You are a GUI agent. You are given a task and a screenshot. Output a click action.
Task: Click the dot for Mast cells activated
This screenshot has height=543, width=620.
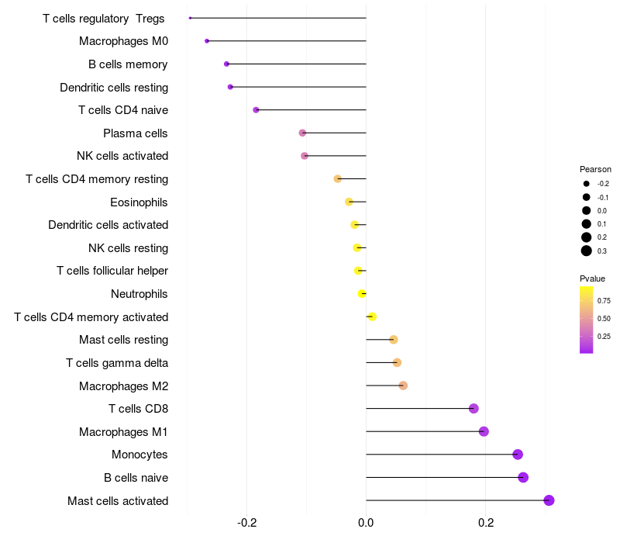click(549, 500)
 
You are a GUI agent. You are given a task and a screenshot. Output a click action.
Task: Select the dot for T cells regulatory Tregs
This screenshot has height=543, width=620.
click(190, 18)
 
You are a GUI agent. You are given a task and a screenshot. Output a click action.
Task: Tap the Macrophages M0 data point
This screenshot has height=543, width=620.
click(207, 41)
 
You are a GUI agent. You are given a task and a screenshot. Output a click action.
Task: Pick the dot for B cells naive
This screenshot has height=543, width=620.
click(523, 477)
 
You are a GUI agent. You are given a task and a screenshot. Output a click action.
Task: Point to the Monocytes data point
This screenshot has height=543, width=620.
click(518, 455)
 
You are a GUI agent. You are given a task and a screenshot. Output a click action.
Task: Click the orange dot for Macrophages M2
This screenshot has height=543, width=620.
click(403, 386)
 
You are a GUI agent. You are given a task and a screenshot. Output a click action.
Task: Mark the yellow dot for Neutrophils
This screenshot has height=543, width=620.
click(362, 294)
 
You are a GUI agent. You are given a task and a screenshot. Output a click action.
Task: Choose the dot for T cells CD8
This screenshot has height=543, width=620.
click(474, 409)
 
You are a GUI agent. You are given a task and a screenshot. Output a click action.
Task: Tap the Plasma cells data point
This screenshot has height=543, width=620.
click(302, 133)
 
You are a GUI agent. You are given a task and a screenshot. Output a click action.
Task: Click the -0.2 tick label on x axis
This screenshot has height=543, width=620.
click(246, 523)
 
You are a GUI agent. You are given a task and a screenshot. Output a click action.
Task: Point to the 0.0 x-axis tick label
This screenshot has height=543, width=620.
click(366, 523)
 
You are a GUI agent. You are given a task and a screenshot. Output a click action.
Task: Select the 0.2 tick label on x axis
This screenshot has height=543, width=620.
click(486, 523)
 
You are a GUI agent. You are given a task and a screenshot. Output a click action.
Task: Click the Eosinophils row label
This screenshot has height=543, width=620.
click(139, 202)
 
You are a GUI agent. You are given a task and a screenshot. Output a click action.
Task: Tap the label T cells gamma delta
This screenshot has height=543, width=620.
click(117, 363)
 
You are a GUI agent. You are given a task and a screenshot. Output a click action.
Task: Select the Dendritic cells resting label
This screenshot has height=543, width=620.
click(114, 88)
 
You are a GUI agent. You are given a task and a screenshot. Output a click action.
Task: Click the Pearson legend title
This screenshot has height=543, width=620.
click(595, 169)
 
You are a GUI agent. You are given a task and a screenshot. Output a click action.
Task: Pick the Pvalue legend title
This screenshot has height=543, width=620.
click(592, 278)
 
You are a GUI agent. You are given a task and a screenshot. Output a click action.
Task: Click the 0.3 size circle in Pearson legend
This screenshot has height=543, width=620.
click(587, 251)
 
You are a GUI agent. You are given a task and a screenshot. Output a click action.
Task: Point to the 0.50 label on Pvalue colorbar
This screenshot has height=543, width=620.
click(604, 319)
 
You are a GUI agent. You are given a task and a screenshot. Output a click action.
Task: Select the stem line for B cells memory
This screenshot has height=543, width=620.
click(296, 64)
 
